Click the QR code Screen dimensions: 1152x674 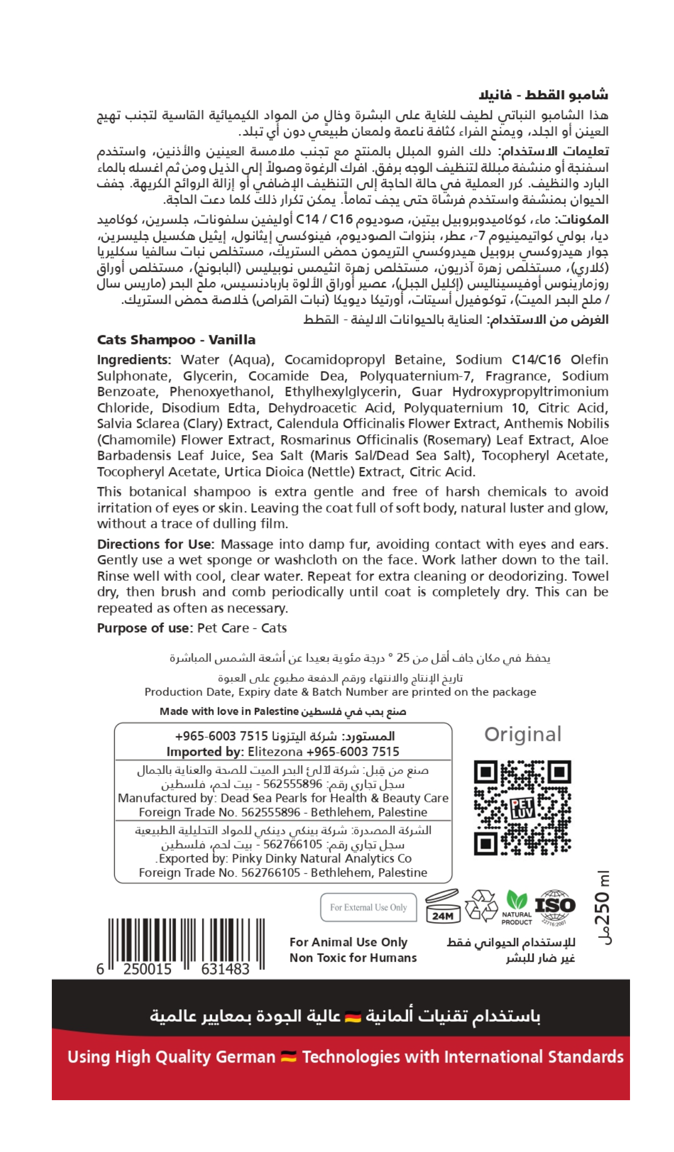522,807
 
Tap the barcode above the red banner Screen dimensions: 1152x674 185,944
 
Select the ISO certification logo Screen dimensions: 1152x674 555,906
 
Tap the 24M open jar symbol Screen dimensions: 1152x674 443,906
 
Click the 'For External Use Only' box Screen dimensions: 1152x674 368,907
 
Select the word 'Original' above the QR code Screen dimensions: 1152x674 522,734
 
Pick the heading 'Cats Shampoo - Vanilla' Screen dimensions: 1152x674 176,340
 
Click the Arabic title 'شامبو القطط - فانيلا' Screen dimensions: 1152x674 543,95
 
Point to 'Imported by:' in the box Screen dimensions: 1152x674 205,752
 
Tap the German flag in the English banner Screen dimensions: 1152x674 289,1057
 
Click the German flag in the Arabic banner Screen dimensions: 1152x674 353,1017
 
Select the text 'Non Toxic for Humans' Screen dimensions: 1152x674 353,958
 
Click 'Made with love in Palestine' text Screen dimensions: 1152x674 229,711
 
